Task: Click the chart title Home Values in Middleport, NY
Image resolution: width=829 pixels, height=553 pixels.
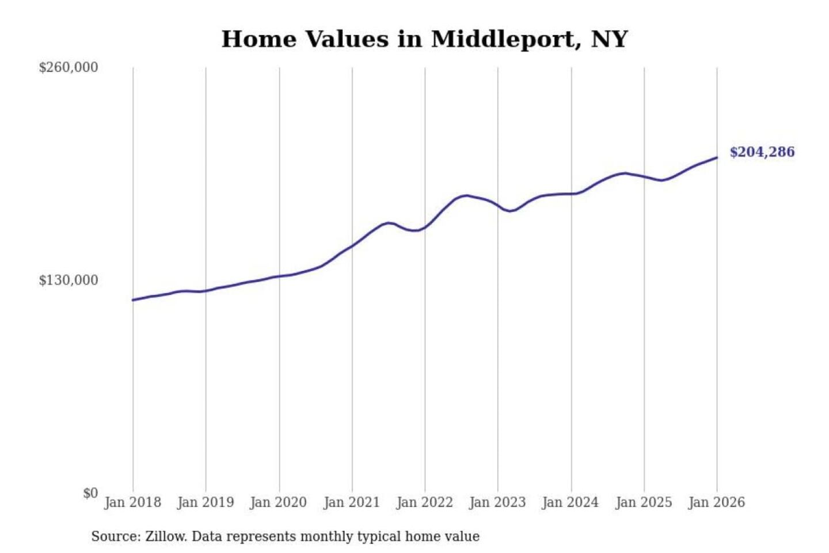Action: click(x=424, y=39)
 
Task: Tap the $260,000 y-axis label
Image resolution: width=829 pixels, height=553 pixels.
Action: click(x=68, y=67)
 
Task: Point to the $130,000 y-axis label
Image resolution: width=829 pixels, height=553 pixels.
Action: click(x=68, y=281)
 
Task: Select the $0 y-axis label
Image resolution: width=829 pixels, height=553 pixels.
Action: click(x=90, y=493)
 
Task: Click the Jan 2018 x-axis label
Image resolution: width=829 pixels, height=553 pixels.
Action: click(x=132, y=502)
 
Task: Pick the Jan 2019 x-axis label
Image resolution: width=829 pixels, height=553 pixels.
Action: click(x=206, y=502)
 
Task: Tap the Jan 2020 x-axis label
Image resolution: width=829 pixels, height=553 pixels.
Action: click(x=278, y=502)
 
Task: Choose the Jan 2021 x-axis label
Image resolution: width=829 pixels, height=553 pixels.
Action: click(x=352, y=502)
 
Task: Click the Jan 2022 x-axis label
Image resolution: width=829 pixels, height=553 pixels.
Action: click(x=425, y=502)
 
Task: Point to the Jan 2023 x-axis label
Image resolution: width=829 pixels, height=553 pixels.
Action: click(x=497, y=502)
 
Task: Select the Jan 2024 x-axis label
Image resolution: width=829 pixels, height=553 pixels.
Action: click(x=571, y=502)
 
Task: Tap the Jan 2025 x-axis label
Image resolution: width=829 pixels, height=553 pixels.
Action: click(x=644, y=502)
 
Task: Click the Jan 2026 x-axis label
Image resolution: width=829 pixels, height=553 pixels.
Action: click(x=717, y=502)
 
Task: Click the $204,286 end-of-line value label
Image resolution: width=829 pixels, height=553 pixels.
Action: click(x=762, y=152)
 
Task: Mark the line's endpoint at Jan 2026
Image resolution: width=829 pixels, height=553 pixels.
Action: click(x=717, y=157)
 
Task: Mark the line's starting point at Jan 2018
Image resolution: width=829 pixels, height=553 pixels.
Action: click(x=133, y=300)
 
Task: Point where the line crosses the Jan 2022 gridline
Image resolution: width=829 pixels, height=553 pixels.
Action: click(x=425, y=228)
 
